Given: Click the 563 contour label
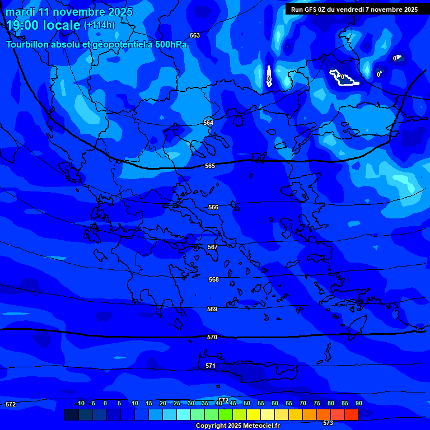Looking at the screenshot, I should click(x=195, y=35).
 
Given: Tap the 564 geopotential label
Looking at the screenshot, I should click(x=208, y=123).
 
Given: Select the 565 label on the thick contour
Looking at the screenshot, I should click(x=210, y=166).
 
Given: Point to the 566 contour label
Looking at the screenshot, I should click(x=213, y=207).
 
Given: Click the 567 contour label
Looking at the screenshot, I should click(x=213, y=247).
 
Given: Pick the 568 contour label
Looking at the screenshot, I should click(x=214, y=279).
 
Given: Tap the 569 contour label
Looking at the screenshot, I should click(x=212, y=309).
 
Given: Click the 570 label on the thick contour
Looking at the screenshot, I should click(x=212, y=337).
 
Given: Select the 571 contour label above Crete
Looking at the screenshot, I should click(x=210, y=366).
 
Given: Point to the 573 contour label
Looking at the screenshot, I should click(x=328, y=423).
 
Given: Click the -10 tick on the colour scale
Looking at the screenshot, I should click(x=80, y=403).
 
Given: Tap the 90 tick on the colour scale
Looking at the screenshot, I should click(x=358, y=403).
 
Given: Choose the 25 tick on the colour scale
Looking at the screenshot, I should click(x=177, y=403).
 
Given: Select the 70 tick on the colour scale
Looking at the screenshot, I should click(x=303, y=403).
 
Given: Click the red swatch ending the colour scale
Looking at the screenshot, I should click(x=352, y=414).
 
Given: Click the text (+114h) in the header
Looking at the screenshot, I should click(x=99, y=25).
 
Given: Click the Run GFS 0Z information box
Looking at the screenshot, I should click(x=354, y=9).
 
